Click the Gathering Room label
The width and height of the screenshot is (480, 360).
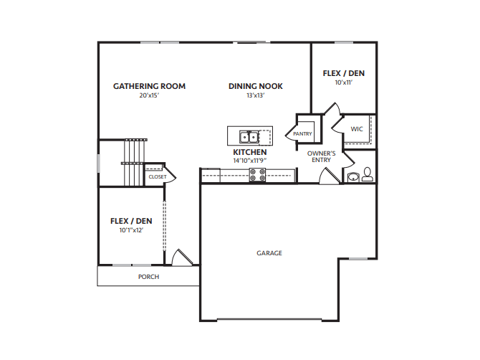click(x=150, y=86)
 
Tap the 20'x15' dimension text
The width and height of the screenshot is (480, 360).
click(x=150, y=95)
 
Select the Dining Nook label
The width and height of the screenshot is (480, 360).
click(x=256, y=86)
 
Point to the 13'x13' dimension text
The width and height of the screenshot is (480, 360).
click(x=256, y=95)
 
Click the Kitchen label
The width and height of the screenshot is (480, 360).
click(x=250, y=152)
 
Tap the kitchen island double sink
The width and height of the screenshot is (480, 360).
click(x=249, y=137)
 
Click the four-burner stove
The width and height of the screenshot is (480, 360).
click(x=257, y=175)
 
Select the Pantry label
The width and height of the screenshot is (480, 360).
click(x=302, y=134)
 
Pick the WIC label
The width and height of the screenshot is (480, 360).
click(x=357, y=129)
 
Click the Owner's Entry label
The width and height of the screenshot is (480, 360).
click(x=322, y=156)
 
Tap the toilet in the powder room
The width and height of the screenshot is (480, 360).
click(x=367, y=174)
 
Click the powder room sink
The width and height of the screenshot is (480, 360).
click(x=354, y=177)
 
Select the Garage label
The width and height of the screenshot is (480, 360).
click(x=269, y=253)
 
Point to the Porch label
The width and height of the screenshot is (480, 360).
click(x=149, y=277)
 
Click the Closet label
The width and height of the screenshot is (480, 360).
click(x=158, y=177)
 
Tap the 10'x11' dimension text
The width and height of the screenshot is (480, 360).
click(x=344, y=82)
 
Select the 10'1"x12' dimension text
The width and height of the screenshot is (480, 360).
click(x=131, y=230)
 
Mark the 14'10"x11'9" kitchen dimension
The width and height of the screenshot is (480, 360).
click(x=250, y=160)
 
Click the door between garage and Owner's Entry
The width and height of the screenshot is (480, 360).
click(x=330, y=176)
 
